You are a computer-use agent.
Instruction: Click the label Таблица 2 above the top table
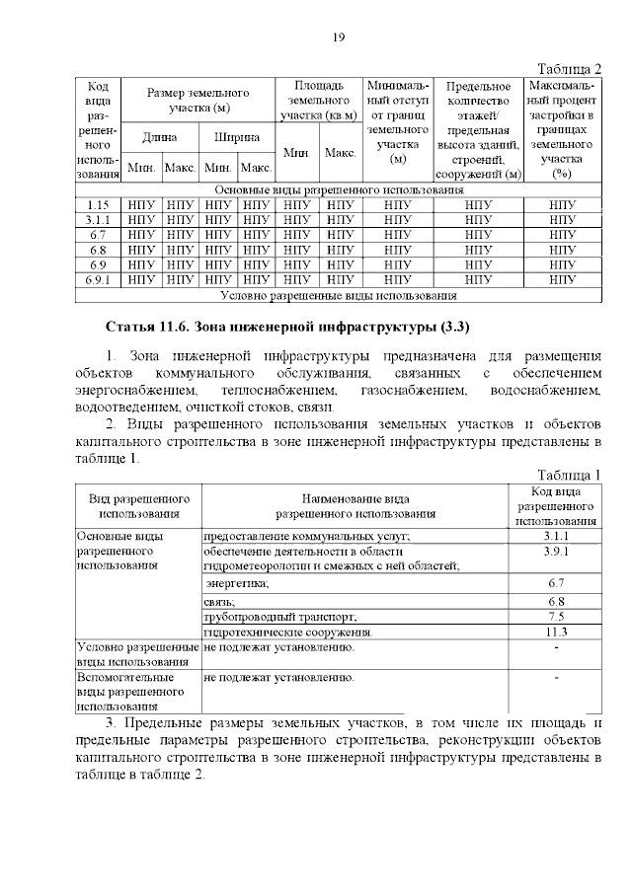(569, 68)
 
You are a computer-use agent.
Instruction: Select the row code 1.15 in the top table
(97, 204)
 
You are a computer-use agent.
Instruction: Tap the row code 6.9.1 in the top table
(97, 280)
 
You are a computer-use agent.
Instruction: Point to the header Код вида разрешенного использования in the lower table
(554, 505)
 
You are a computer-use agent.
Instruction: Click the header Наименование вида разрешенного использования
(355, 506)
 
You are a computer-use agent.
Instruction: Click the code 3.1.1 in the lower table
(554, 535)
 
